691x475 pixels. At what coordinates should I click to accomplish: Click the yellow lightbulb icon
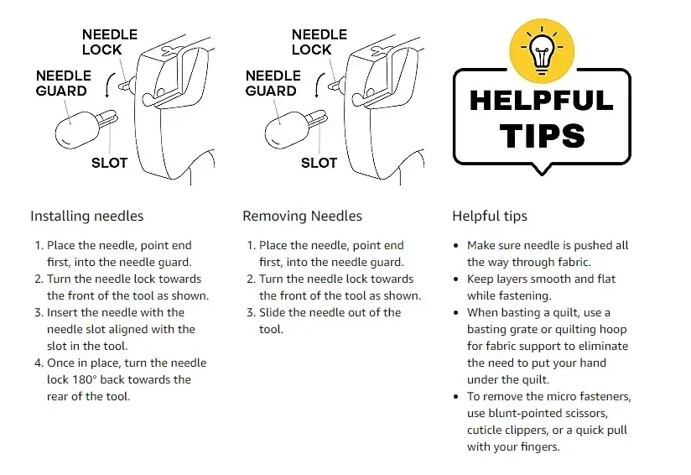(x=542, y=50)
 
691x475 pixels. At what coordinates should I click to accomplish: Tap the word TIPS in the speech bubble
(x=543, y=135)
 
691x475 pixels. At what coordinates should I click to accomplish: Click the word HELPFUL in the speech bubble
(x=542, y=100)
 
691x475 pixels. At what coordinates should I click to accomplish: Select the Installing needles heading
(x=87, y=217)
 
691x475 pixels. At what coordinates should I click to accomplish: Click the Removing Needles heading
(x=302, y=217)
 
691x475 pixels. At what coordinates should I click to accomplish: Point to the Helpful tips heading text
(x=490, y=217)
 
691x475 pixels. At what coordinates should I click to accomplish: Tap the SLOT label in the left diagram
(x=109, y=163)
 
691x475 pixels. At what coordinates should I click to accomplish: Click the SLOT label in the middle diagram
(x=319, y=163)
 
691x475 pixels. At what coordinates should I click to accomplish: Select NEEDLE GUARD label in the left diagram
(x=64, y=83)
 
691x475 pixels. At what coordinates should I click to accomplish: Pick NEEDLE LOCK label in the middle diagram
(x=320, y=42)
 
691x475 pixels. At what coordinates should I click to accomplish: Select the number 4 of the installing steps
(x=39, y=363)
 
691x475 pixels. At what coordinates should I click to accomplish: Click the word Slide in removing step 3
(x=272, y=313)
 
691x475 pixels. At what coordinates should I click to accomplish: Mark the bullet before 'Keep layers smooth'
(x=456, y=279)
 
